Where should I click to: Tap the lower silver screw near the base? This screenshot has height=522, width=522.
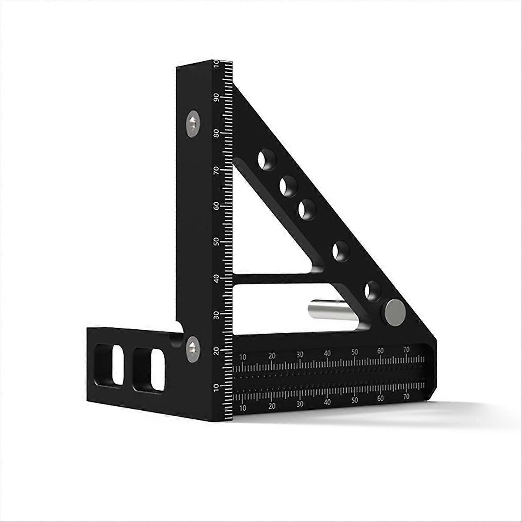191,347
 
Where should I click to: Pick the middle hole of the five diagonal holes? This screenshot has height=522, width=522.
307,210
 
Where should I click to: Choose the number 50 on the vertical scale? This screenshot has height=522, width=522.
216,241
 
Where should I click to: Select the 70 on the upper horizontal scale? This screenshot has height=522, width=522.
406,349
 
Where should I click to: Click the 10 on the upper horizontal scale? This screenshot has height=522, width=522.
243,357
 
